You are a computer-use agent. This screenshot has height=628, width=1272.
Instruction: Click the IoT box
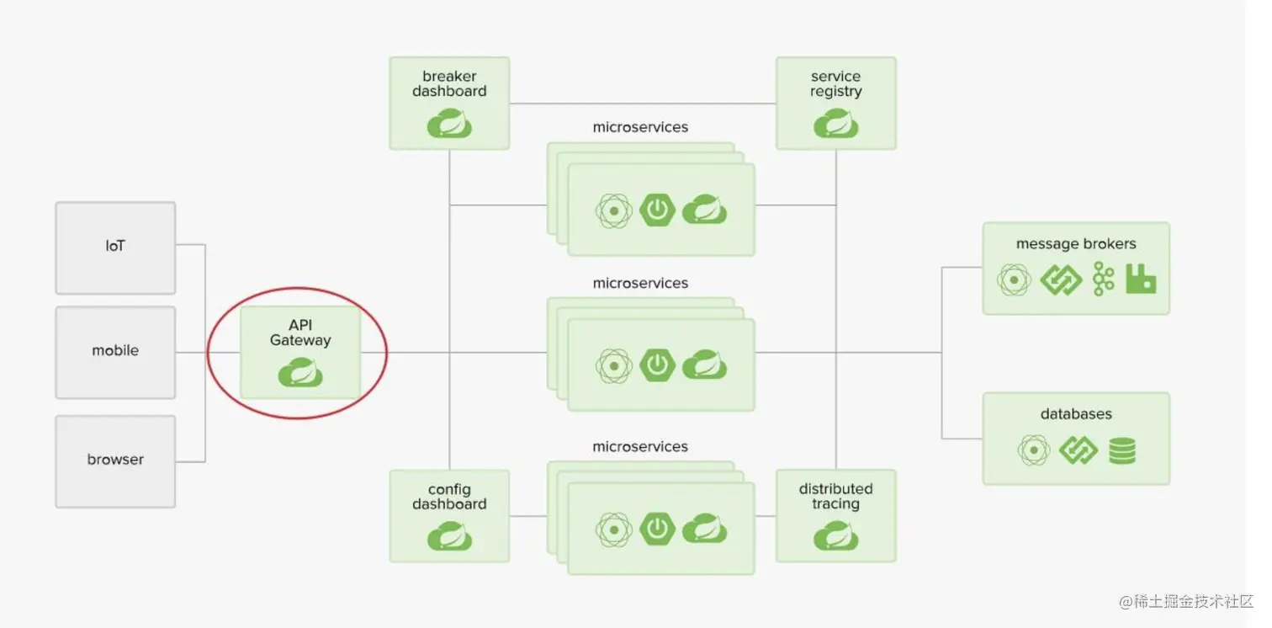[115, 247]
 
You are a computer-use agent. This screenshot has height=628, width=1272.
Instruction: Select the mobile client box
[115, 352]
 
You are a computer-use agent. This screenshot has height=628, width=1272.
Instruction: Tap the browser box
[115, 460]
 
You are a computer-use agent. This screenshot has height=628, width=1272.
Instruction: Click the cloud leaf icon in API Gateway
[300, 372]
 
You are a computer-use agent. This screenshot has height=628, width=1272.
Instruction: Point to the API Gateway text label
[300, 333]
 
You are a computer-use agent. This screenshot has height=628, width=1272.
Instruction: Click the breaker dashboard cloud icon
[449, 124]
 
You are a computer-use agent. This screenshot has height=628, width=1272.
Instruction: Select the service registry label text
[835, 84]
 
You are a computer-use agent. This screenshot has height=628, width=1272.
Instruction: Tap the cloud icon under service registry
[835, 124]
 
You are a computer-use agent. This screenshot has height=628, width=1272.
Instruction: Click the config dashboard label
[449, 497]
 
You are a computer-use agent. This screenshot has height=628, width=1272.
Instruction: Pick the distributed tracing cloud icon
[835, 536]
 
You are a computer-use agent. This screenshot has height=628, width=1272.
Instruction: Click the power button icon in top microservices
[657, 210]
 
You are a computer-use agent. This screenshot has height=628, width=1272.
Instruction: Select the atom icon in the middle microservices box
[614, 366]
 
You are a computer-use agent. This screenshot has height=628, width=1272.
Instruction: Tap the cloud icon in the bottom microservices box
[704, 529]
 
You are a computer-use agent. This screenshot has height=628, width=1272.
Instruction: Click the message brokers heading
[1076, 244]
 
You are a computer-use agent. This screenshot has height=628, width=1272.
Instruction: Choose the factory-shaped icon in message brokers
[1141, 279]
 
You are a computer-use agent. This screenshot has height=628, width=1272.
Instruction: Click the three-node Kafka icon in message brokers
[1103, 279]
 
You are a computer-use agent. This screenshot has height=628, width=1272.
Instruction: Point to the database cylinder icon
[1121, 450]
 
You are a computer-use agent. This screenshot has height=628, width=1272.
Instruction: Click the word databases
[1076, 414]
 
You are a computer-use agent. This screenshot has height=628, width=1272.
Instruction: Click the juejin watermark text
[1186, 602]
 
